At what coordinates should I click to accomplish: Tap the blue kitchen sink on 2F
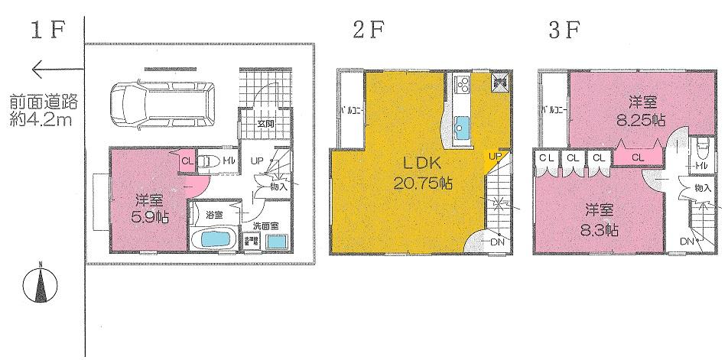point(463,125)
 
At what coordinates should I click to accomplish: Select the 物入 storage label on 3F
point(703,188)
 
